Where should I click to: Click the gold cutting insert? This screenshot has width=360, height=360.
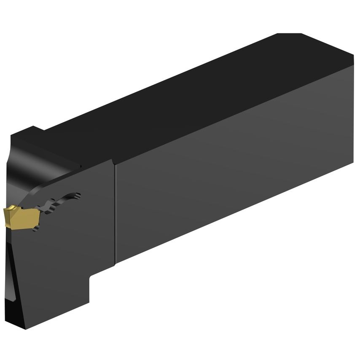click(21, 217)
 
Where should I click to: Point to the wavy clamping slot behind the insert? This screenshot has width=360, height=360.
click(59, 203)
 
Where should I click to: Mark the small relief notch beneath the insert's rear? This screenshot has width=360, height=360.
click(38, 228)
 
